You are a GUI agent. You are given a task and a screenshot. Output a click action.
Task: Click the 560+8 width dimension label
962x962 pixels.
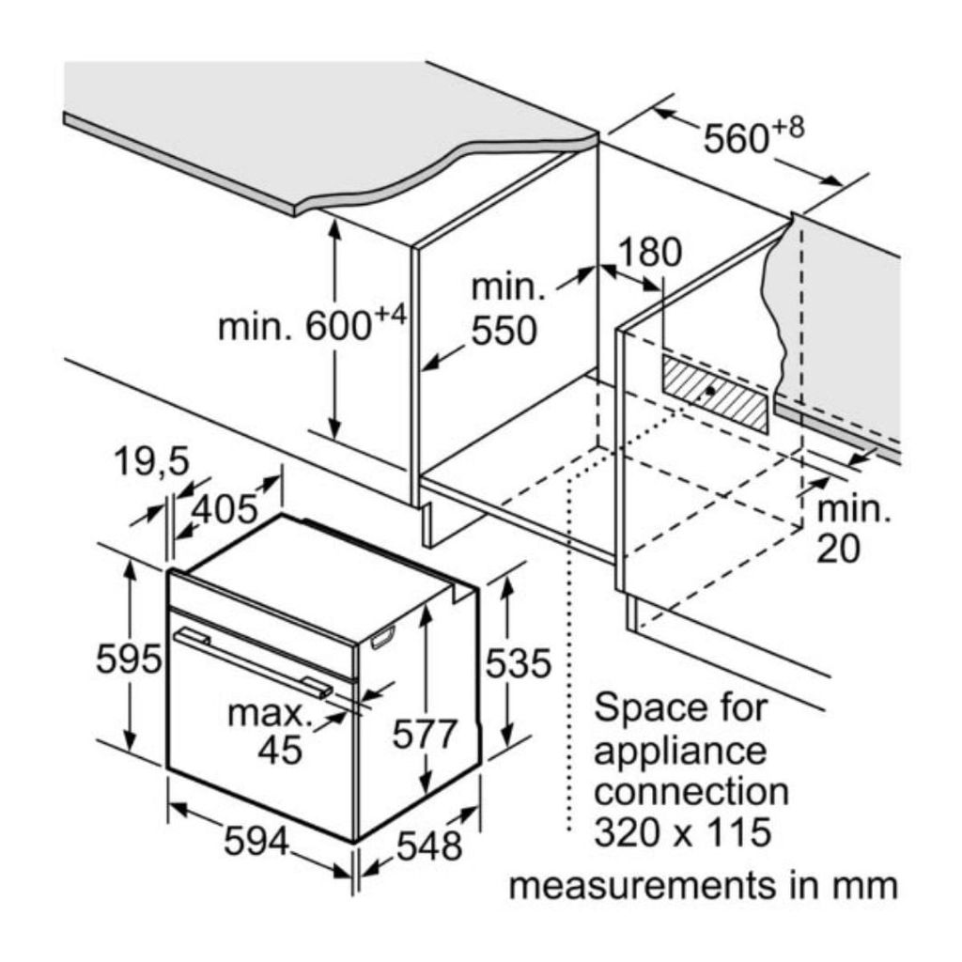753,137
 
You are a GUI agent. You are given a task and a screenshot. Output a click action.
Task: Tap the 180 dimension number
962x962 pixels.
648,253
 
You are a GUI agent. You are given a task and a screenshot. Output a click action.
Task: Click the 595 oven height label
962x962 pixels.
130,660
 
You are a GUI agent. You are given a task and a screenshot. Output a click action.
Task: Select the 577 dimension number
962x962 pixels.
425,734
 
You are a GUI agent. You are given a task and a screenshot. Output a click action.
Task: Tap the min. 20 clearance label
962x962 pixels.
851,530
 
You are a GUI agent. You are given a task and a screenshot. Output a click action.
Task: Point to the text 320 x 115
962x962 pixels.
682,831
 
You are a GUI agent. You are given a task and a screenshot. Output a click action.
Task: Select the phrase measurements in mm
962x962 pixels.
703,886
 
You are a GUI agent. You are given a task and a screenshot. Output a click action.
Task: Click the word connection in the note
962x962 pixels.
692,791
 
